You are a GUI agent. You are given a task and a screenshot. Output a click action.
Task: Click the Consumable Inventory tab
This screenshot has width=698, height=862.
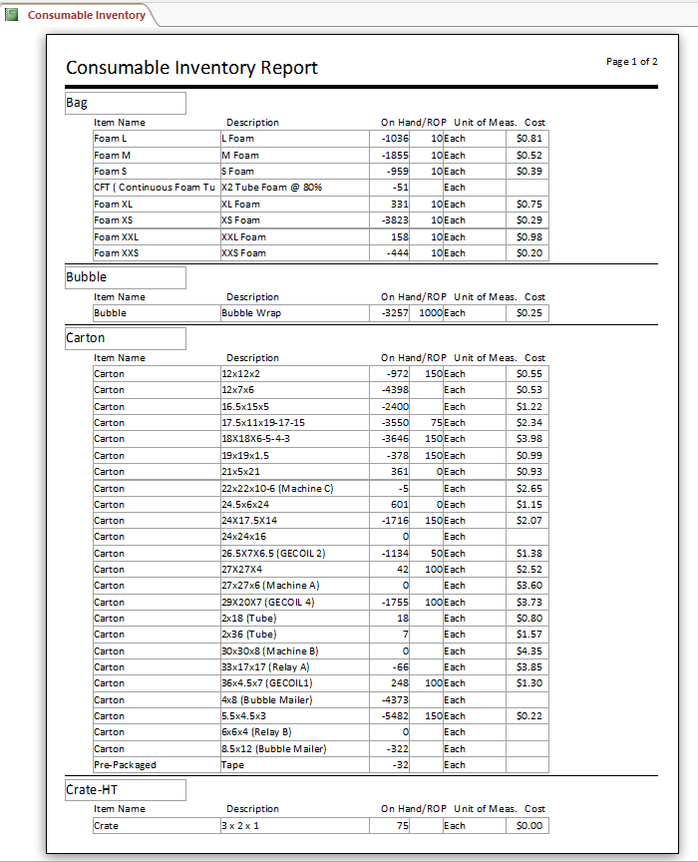coord(86,15)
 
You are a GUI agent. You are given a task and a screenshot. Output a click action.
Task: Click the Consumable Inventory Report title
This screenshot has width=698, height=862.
coord(191,68)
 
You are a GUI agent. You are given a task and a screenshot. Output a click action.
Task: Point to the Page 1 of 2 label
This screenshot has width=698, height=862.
coord(631,62)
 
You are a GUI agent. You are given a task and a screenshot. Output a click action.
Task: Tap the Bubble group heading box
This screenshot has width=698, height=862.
coord(125,277)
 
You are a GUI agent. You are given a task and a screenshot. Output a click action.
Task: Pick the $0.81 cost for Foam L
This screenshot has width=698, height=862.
coord(528,139)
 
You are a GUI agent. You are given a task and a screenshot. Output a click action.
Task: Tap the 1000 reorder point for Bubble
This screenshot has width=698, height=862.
coord(430,313)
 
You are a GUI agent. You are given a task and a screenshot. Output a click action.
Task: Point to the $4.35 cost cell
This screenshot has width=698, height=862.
coord(528,651)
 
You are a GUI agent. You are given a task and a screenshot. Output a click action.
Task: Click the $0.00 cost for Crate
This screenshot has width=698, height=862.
coord(528,826)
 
